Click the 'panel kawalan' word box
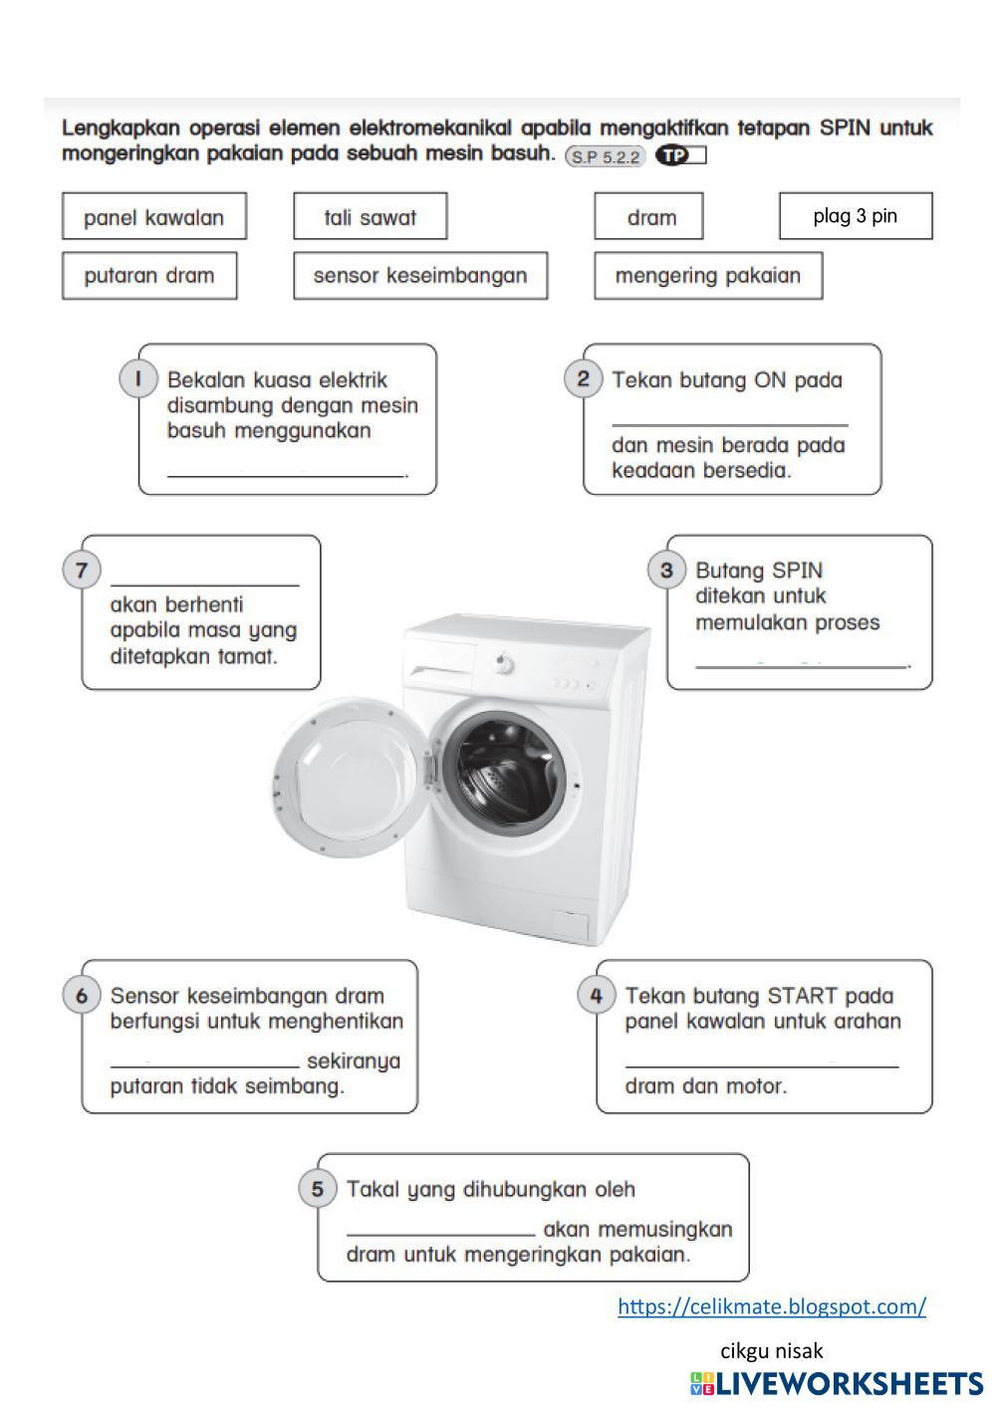(153, 217)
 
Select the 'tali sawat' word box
(370, 217)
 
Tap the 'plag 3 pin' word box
(855, 216)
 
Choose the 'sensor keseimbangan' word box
(420, 276)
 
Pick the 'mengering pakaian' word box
(707, 276)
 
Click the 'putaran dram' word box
(149, 276)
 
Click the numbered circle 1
(139, 379)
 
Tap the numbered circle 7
(82, 571)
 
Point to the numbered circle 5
(318, 1188)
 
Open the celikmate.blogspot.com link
(771, 1306)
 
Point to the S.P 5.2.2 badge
(606, 156)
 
